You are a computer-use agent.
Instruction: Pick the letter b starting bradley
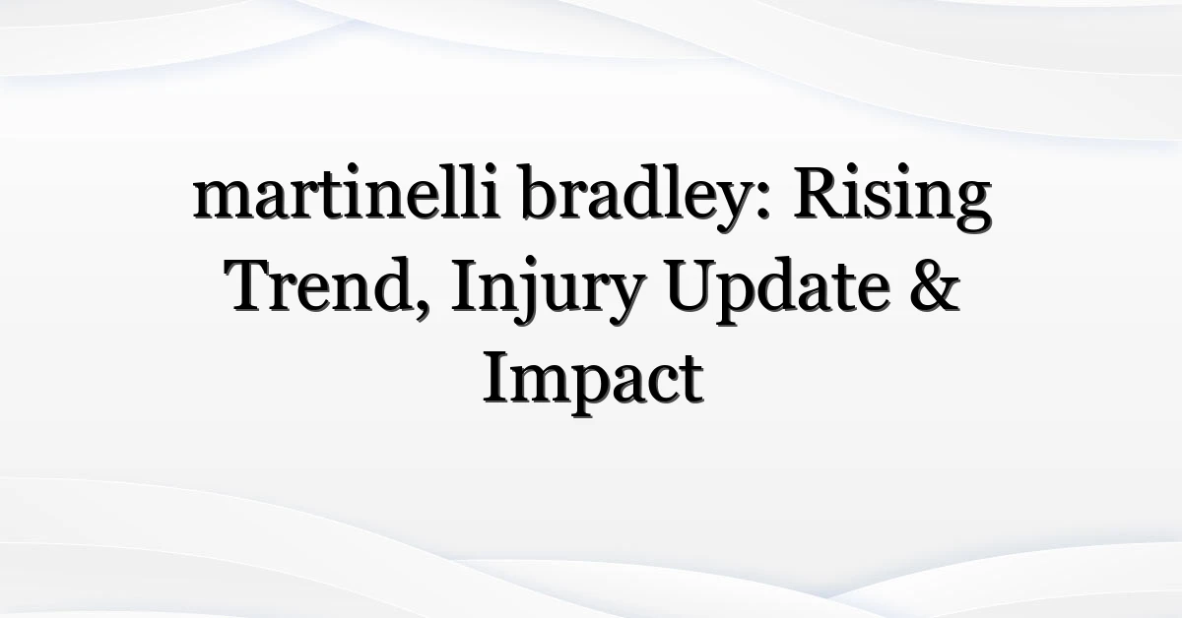click(x=541, y=192)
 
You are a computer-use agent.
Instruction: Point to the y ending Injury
click(x=624, y=299)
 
